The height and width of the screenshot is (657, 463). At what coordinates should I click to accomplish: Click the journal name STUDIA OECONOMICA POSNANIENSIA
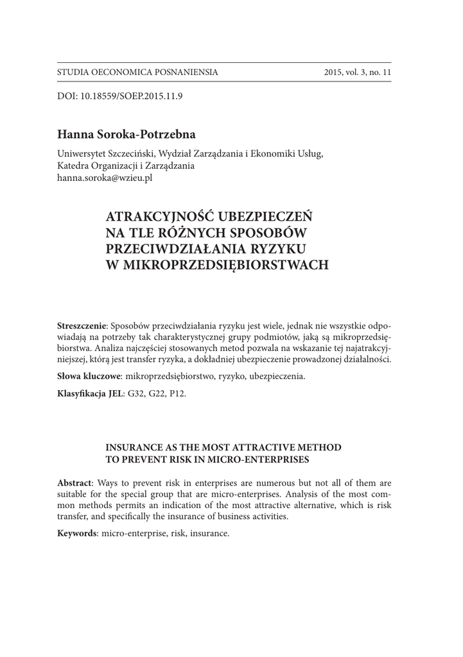coord(137,72)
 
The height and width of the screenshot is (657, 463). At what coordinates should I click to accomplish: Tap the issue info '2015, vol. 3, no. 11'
coord(358,72)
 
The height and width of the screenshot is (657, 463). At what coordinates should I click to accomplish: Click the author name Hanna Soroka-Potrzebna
coord(126,135)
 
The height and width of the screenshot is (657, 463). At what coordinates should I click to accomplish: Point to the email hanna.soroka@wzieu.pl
coord(105,178)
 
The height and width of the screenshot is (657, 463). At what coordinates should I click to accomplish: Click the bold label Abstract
coord(74,482)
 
